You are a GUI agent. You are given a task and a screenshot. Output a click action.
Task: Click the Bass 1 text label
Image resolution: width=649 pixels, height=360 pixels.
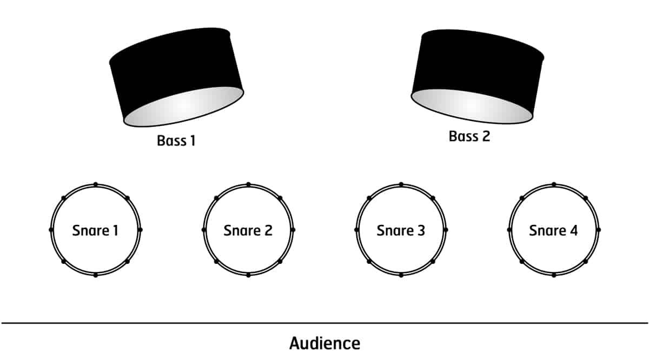coord(176,141)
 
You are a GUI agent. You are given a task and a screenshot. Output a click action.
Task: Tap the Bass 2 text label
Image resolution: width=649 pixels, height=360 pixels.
coord(469,136)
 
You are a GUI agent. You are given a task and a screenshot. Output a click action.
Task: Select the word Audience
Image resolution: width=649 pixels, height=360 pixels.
coord(325,343)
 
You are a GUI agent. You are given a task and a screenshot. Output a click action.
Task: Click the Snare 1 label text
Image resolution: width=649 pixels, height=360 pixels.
coord(95,230)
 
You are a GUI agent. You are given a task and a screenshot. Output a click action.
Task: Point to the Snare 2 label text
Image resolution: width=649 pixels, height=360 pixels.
coord(248,230)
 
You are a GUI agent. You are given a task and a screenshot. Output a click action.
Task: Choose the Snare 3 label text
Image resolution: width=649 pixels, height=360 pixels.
coord(401,230)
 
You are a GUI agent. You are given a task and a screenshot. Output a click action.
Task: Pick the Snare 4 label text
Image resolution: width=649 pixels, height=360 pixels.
coord(553,230)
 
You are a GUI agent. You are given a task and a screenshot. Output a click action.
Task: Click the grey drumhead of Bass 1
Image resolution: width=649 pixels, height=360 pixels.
coord(184,106)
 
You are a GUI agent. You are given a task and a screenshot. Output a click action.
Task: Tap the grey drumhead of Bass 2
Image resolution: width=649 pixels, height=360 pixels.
coord(471,106)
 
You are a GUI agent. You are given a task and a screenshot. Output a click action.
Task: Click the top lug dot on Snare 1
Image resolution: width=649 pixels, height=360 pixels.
coord(96,184)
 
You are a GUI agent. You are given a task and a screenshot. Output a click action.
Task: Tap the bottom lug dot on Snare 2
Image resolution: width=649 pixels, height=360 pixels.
coord(248,275)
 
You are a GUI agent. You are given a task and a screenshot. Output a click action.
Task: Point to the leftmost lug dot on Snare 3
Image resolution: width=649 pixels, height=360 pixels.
coord(356,230)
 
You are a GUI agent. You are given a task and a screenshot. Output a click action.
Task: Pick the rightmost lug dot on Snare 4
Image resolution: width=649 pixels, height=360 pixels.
coord(599,230)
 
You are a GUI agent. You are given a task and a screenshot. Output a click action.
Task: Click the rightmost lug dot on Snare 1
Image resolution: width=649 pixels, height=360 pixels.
coord(140,230)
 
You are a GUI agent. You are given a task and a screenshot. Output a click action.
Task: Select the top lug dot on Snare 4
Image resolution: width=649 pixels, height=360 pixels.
coord(554,184)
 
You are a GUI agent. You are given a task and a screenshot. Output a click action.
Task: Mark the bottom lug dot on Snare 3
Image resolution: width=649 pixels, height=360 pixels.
coord(401,275)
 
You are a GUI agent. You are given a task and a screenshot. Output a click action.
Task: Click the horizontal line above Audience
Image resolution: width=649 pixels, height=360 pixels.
coord(325,323)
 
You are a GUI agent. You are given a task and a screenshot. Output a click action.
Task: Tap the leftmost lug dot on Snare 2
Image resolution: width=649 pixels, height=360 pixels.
coord(204,230)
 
